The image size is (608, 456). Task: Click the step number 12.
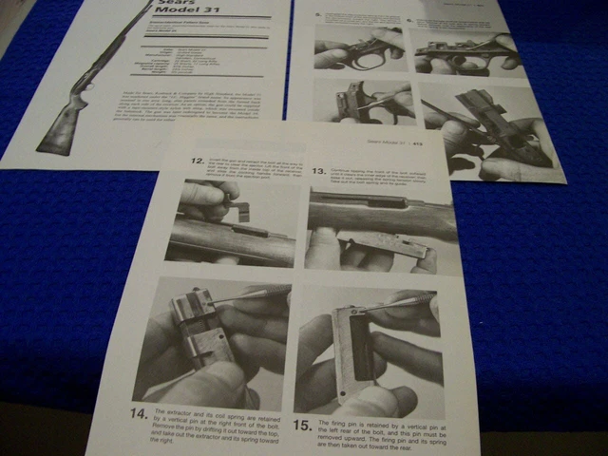pyautogui.click(x=197, y=161)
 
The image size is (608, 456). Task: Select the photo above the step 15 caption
pyautogui.click(x=370, y=348)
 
